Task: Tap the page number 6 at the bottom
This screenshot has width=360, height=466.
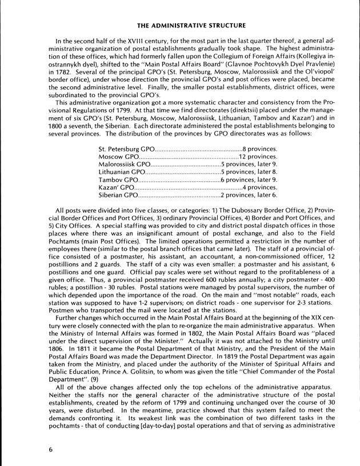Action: point(51,449)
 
